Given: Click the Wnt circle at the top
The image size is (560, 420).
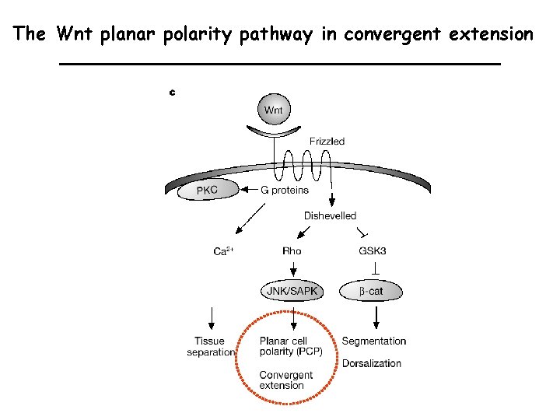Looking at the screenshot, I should point(274,110).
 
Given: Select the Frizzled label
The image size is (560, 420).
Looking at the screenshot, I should point(327,142).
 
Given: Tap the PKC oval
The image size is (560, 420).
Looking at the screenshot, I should point(206,190).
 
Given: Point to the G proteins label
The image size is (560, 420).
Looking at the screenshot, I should point(285,190).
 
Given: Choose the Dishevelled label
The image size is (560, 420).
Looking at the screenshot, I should point(330,215).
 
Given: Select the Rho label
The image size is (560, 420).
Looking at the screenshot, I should point(292,251).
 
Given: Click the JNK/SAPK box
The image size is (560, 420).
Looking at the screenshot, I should point(293,292).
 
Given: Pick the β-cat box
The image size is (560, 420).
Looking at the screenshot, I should point(371,292).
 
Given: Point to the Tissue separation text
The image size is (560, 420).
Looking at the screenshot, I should point(210,346).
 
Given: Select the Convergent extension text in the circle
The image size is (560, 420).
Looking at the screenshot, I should point(286,380).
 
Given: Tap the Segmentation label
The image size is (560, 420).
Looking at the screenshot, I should point(374,341).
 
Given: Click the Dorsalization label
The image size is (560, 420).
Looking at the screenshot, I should point(372,363).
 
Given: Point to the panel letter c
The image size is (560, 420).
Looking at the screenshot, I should point(172,93).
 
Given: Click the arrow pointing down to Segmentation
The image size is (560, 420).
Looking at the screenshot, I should point(376,316).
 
